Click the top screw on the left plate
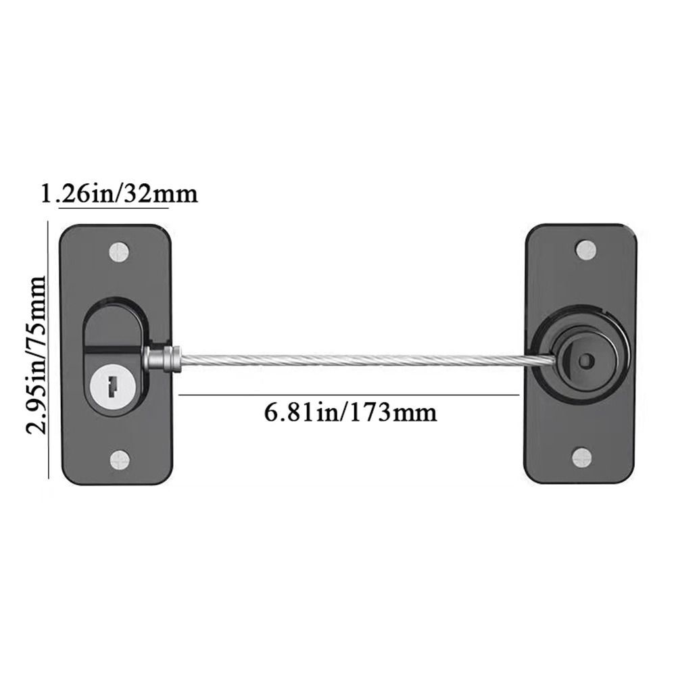click(120, 252)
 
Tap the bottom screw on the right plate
click(582, 458)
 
